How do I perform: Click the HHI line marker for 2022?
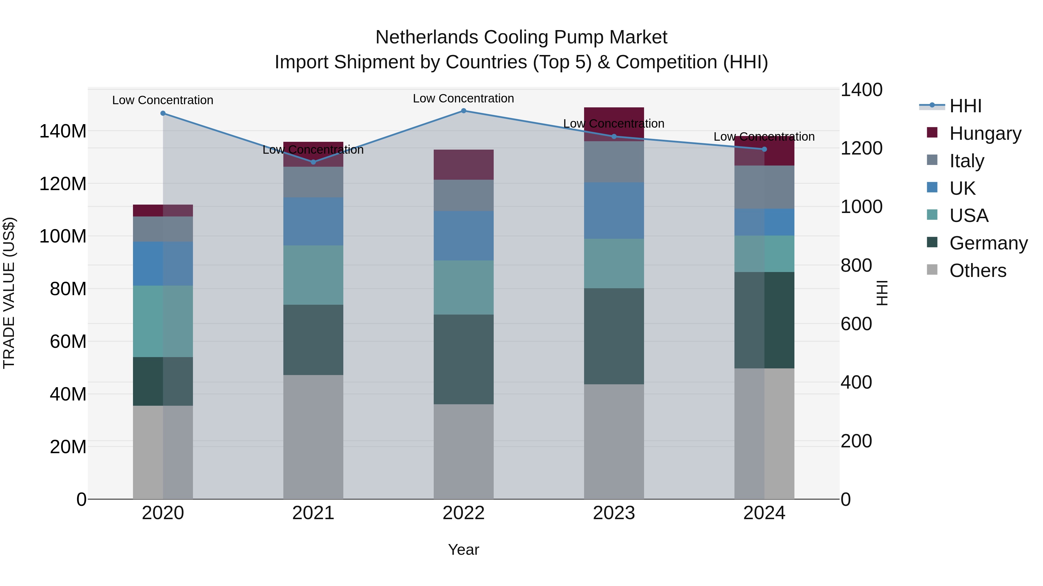[464, 111]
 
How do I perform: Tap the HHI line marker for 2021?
[313, 162]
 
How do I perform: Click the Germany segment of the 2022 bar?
[464, 359]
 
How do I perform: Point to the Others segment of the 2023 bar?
[614, 441]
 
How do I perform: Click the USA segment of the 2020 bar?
[163, 321]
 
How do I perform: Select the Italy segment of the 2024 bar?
[764, 187]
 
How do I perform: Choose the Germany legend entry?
[988, 243]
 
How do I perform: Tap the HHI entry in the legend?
[965, 106]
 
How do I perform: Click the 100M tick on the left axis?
[63, 236]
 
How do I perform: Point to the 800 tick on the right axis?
[856, 266]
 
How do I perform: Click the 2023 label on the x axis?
[614, 513]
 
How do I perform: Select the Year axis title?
[464, 550]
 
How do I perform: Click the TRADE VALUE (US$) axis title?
[9, 293]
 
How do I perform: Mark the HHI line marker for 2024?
[764, 149]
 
